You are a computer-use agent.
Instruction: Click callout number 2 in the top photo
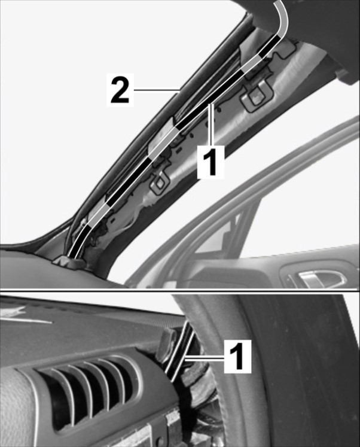120,90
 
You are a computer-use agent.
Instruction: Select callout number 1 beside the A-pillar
211,162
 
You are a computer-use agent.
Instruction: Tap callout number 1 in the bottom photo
237,357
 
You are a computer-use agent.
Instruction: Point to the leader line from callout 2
156,90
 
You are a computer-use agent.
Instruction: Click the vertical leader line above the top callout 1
210,125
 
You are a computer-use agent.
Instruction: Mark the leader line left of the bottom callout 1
205,360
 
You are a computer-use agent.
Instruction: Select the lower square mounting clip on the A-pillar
160,183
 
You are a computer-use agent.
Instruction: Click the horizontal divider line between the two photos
180,291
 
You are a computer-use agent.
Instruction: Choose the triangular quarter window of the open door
222,234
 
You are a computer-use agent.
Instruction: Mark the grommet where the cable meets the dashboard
71,261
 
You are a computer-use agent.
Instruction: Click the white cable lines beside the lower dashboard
180,351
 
